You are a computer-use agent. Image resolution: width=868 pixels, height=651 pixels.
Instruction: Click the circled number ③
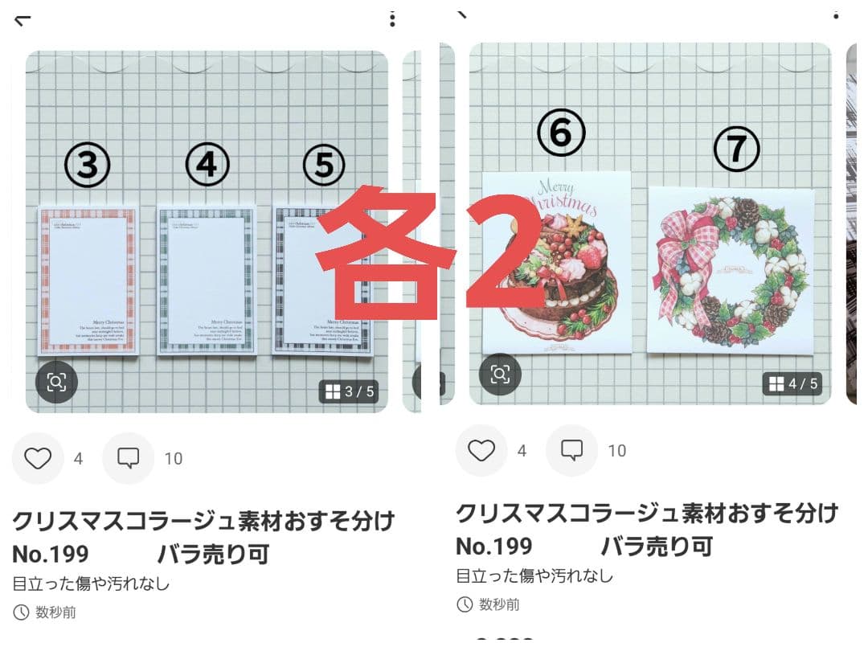click(x=87, y=166)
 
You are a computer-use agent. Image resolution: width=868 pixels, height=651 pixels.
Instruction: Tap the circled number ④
click(x=207, y=166)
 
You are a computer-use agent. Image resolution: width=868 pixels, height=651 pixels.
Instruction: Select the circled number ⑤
click(x=324, y=166)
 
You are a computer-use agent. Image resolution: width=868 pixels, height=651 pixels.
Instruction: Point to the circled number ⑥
click(x=561, y=134)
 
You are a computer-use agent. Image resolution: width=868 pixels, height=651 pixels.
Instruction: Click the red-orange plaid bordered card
click(x=88, y=279)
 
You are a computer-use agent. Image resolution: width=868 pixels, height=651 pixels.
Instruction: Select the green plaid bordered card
click(x=207, y=279)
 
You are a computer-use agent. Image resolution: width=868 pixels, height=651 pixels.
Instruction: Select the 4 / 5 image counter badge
click(x=792, y=383)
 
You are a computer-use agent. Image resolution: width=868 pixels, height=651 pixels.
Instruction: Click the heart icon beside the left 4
click(x=38, y=458)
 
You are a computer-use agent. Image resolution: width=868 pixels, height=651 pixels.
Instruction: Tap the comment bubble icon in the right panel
click(x=571, y=450)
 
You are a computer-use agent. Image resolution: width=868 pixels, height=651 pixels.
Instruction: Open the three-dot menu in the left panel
click(x=392, y=19)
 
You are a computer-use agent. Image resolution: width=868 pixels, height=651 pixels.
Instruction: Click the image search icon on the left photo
click(x=56, y=382)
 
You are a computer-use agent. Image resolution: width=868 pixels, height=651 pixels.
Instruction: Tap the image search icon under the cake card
click(x=500, y=374)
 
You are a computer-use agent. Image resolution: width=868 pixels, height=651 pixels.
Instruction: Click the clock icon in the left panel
click(x=21, y=612)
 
